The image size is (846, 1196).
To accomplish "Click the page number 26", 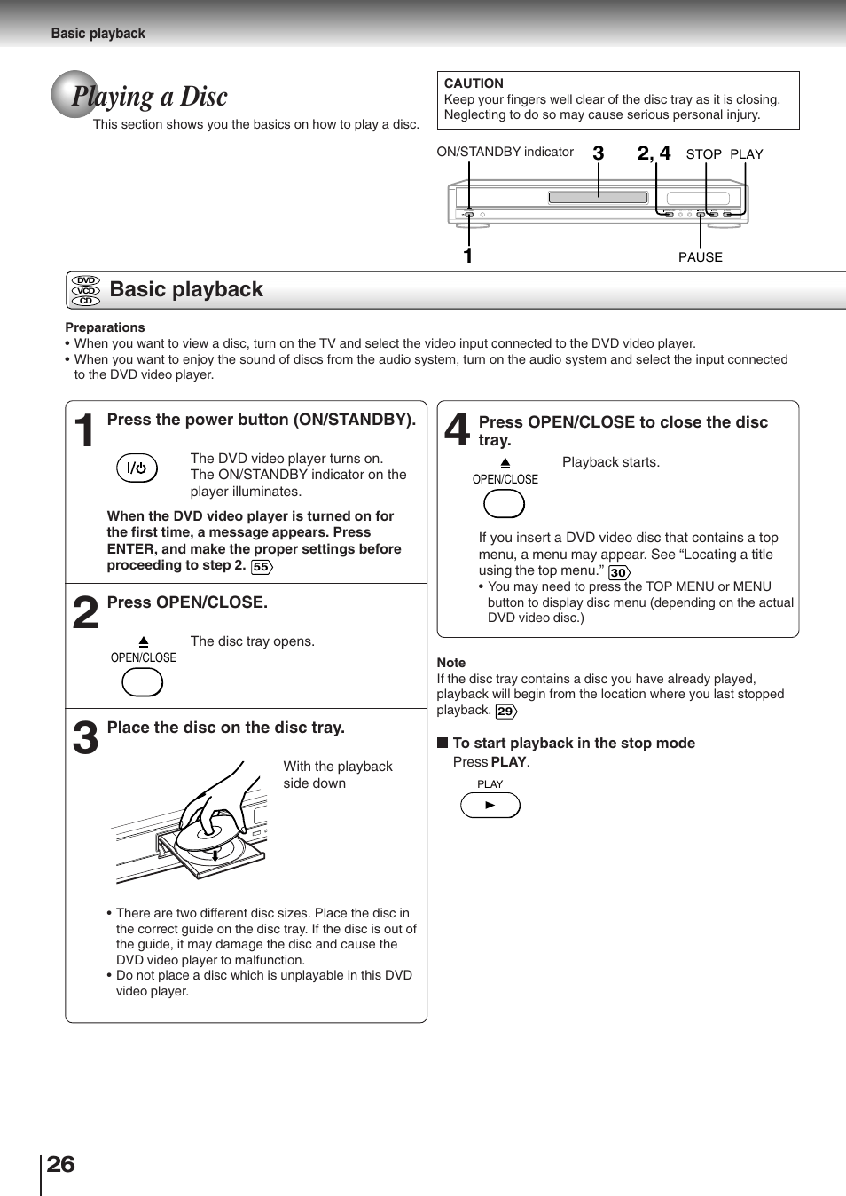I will [60, 1164].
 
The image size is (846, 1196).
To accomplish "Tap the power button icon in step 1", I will [137, 468].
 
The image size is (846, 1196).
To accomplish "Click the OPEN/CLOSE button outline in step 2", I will [142, 681].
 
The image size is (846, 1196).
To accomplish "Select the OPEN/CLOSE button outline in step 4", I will [504, 503].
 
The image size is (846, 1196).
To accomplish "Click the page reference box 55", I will [262, 567].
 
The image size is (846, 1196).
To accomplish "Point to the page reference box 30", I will [619, 572].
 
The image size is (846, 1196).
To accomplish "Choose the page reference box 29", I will [505, 711].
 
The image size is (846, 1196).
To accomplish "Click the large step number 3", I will [85, 738].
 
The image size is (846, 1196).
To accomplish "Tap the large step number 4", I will [457, 429].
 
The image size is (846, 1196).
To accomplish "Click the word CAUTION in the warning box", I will [474, 83].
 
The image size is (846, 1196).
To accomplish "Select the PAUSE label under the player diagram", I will [700, 257].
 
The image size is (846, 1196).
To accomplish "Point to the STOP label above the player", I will [703, 154].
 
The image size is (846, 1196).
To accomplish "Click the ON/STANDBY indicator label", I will [505, 152].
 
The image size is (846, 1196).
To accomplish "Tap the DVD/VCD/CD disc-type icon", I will [86, 290].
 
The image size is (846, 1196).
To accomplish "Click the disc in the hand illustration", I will [208, 836].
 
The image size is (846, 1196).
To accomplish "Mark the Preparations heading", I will [105, 327].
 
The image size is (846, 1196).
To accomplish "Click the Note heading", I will [450, 663].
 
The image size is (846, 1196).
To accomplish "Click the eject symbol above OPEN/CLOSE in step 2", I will [144, 641].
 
